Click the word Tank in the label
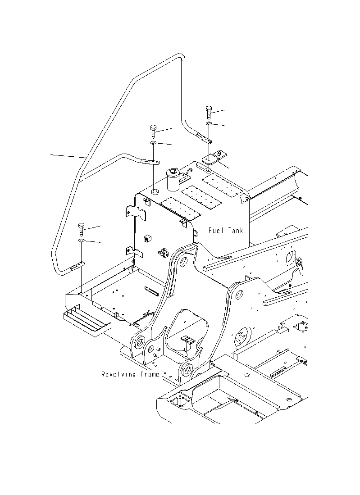pos(235,231)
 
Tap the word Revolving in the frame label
pos(115,374)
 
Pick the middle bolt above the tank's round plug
pos(153,132)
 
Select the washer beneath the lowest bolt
pos(82,241)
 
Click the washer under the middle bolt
pos(153,143)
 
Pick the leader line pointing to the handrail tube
pos(68,156)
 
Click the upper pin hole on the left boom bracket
pos(184,262)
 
